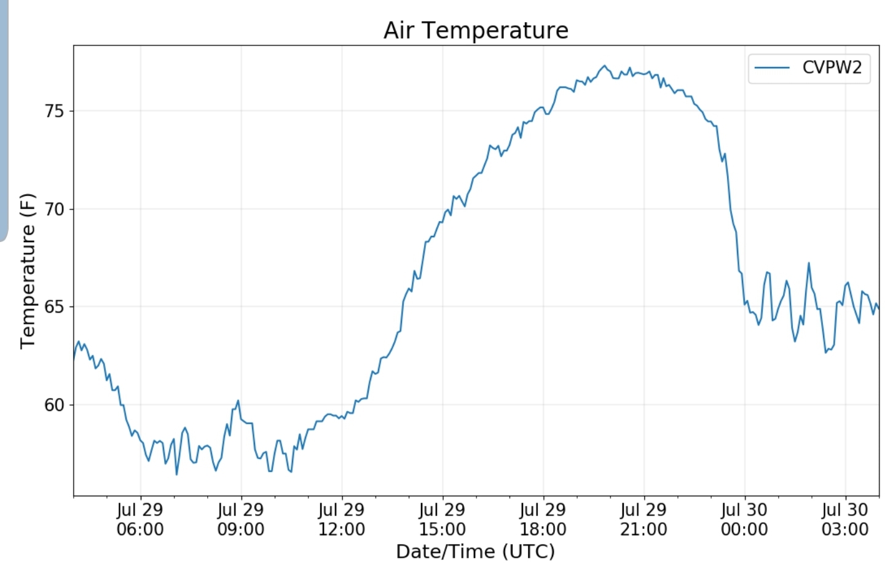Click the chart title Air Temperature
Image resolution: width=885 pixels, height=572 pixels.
(x=476, y=30)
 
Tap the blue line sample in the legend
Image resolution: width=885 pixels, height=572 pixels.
(x=772, y=68)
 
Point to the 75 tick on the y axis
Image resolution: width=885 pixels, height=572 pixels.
(x=54, y=111)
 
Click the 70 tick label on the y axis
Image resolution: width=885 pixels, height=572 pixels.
(x=54, y=210)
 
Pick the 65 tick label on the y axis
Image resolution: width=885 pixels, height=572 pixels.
(x=54, y=307)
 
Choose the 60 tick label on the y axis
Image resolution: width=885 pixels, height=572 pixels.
(x=54, y=405)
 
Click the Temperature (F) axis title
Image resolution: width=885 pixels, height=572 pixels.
(x=28, y=271)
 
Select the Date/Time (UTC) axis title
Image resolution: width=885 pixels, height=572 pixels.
(x=475, y=551)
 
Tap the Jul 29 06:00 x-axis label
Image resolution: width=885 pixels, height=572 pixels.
(x=140, y=519)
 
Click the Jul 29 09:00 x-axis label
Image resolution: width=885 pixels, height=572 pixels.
(x=241, y=519)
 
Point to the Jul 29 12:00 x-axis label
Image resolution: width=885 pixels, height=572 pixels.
(x=342, y=519)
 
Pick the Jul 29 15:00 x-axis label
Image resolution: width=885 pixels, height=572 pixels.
(x=442, y=519)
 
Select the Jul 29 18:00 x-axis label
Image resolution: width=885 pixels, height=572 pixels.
(x=543, y=519)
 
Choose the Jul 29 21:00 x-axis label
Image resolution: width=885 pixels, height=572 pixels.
(x=643, y=519)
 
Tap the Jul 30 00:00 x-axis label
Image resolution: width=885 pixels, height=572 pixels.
(x=744, y=519)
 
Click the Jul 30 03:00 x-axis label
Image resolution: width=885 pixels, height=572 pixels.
(x=845, y=519)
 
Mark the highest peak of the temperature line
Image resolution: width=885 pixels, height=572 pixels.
(x=605, y=66)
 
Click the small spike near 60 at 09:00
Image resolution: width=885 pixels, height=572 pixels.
(x=238, y=401)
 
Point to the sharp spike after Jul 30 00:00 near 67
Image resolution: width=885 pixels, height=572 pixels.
(x=809, y=264)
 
